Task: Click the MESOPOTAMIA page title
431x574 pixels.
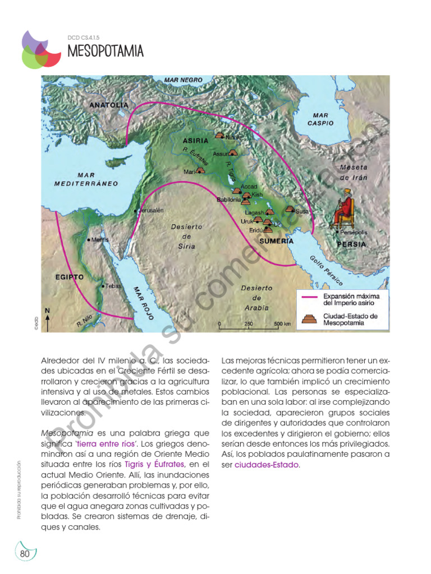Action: coord(105,52)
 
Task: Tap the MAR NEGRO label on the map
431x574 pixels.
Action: coord(183,80)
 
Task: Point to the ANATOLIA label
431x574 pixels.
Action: coord(108,105)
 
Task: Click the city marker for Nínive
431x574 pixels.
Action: coord(220,135)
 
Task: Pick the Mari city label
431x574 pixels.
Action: coord(189,172)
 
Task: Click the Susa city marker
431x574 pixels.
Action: coord(290,209)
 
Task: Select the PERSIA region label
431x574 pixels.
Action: coord(351,244)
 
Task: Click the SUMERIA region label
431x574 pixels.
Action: coord(276,241)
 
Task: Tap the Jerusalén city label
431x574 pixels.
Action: coord(150,210)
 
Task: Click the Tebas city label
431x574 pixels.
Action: coord(113,286)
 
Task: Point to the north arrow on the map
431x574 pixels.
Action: coord(48,318)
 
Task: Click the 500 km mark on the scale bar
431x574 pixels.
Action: coord(282,325)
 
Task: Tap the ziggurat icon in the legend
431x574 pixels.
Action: coord(310,318)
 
